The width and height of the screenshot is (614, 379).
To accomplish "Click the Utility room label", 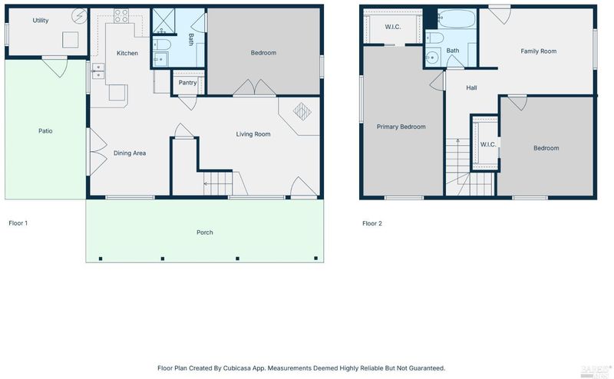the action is click(41, 21).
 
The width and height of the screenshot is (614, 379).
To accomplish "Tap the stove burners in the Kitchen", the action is click(121, 15).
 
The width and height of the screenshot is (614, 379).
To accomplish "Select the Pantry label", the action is click(187, 83).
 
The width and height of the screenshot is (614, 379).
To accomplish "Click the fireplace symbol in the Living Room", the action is click(302, 111).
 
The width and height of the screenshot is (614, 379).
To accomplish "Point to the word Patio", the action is click(45, 130).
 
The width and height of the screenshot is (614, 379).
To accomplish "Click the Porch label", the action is click(205, 232).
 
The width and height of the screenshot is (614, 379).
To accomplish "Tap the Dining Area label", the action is click(130, 153).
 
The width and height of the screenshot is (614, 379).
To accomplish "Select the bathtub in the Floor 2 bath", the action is click(457, 18).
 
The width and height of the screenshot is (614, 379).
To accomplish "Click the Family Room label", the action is click(539, 51).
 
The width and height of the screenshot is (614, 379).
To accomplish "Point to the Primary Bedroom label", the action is click(401, 127).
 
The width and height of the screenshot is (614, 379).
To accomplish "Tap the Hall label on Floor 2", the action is click(471, 87).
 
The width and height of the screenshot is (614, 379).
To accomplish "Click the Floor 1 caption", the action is click(18, 223).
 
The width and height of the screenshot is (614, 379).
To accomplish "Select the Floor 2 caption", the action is click(372, 223).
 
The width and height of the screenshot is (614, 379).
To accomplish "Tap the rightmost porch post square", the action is click(316, 258).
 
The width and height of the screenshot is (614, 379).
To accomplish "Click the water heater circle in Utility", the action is click(80, 16).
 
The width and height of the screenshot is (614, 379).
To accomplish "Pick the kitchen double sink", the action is click(98, 71).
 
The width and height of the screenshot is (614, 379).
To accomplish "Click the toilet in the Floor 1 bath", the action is click(161, 44).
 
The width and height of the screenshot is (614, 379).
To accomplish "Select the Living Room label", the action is click(253, 134).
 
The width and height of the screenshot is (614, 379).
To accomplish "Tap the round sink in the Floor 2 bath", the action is click(432, 58).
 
